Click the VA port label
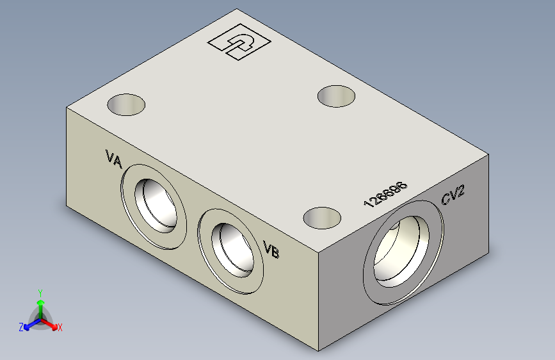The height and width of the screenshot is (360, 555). tap(113, 159)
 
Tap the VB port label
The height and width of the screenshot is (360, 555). tap(271, 249)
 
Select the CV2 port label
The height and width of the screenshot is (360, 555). tap(453, 195)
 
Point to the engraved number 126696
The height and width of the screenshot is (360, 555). tap(385, 194)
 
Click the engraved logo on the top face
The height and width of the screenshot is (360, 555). tap(239, 42)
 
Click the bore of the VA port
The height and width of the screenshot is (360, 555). tap(156, 206)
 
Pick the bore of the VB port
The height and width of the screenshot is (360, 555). tap(232, 250)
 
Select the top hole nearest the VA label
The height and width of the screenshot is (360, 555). tap(126, 104)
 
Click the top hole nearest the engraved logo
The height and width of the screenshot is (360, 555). tap(336, 96)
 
